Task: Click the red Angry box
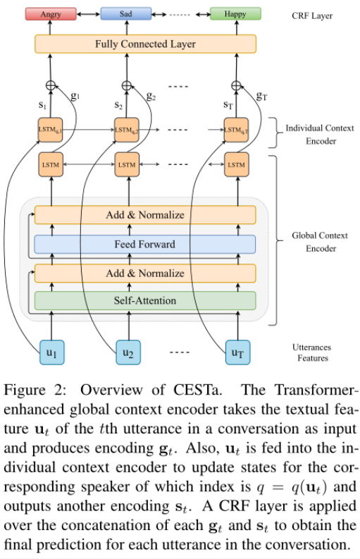(50, 14)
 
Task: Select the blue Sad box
(125, 14)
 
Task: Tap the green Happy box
(235, 14)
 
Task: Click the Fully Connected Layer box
(144, 44)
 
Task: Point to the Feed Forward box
(144, 245)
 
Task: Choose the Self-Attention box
(144, 300)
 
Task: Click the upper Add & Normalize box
(144, 215)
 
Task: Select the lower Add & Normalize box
(144, 273)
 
